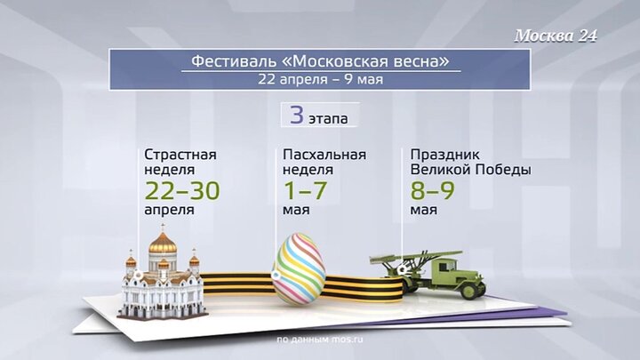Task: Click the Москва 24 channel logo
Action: click(556, 36)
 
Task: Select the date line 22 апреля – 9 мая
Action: click(319, 79)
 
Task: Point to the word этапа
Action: click(330, 117)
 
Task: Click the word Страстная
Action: click(180, 154)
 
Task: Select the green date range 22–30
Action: click(181, 189)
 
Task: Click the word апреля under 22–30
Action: click(168, 212)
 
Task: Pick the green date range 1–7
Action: click(307, 189)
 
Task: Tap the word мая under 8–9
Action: click(424, 212)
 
